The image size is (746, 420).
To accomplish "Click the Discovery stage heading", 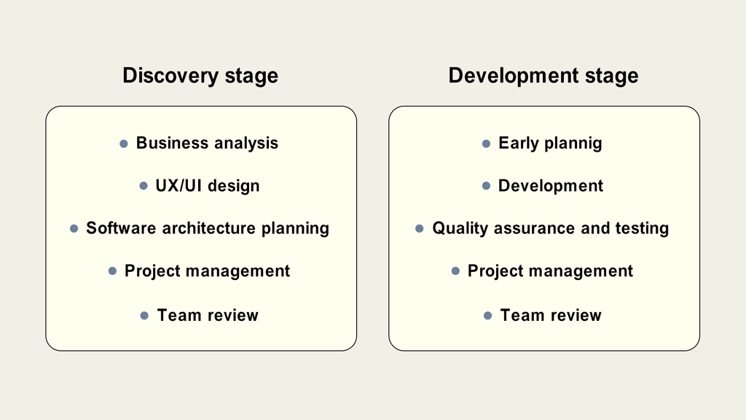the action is [200, 76].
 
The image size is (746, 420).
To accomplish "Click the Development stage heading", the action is [543, 76].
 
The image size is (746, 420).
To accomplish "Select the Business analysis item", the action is [207, 144].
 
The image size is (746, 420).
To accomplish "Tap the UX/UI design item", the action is [208, 186].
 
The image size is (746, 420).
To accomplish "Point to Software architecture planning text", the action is [208, 228].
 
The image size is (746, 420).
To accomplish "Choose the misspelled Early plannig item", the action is [550, 144].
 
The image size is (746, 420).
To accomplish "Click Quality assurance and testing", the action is [551, 228].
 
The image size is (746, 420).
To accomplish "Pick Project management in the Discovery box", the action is [207, 271].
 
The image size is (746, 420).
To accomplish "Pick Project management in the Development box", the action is [550, 271].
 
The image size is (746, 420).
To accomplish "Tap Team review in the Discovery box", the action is [208, 315].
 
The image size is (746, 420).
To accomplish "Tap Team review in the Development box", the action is [551, 315].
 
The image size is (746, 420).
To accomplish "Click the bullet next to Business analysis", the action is [124, 144].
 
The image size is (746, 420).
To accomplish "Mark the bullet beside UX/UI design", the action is [144, 186].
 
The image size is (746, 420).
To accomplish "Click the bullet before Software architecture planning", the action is [74, 228].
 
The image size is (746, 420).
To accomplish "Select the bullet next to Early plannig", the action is [486, 144].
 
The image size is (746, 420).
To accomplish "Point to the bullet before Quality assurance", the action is [419, 228].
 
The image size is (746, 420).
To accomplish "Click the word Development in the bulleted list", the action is [551, 186].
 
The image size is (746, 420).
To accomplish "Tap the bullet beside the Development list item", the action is [486, 186].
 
